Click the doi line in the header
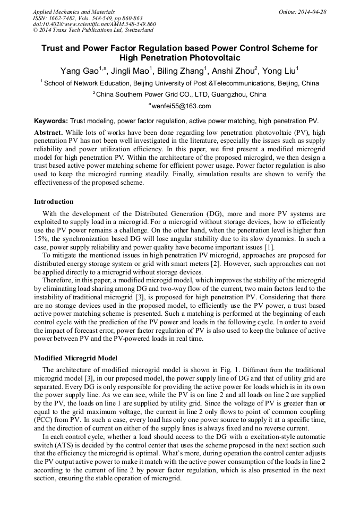coord(94,24)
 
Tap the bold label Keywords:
coord(51,121)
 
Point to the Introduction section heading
coord(54,202)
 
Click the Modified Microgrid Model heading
coord(75,358)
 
